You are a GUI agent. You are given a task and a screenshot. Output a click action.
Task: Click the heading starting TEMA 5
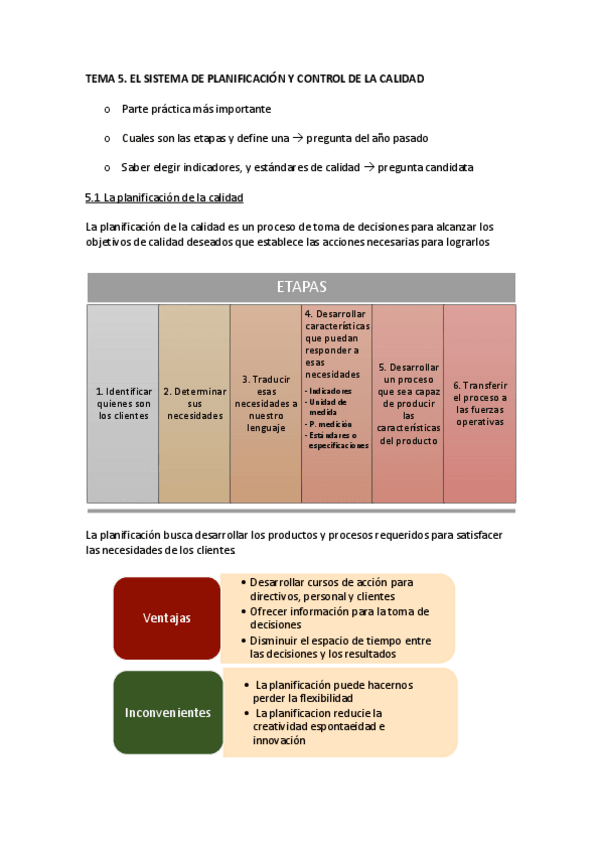point(255,78)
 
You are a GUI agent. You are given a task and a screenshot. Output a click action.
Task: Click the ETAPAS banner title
point(301,287)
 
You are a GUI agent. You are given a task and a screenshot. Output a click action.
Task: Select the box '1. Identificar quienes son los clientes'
point(123,403)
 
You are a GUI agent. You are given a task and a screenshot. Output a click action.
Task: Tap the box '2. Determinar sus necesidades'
point(194,403)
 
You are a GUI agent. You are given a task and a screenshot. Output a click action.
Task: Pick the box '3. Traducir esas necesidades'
point(265,403)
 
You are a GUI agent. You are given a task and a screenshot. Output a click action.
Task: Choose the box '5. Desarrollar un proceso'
point(407,403)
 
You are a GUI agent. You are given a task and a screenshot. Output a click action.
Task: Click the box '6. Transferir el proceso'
point(480,403)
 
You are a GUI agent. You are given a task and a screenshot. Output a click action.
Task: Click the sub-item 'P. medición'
point(330,423)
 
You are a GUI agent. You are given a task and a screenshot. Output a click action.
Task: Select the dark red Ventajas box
point(166,618)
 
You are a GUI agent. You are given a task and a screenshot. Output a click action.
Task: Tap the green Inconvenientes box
point(167,713)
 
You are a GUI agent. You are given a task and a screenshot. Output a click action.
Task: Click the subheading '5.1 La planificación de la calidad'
point(165,198)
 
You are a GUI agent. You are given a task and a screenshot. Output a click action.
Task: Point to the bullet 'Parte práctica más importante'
point(196,108)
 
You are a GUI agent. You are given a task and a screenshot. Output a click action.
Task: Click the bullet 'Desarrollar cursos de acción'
point(331,589)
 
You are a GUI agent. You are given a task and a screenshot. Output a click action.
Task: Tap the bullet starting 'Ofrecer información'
point(339,617)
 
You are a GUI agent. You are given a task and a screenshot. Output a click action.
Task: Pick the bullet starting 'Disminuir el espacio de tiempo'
point(340,647)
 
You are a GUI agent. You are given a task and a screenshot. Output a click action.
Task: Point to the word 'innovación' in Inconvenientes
point(280,741)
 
